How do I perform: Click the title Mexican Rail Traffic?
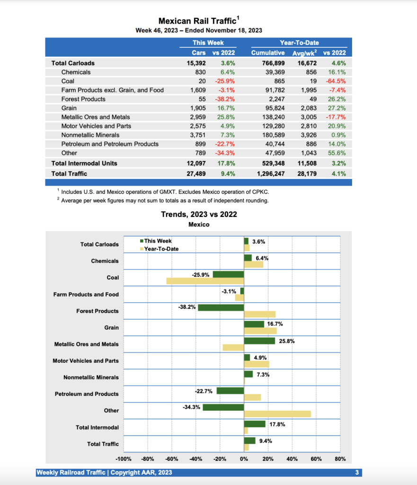pyautogui.click(x=198, y=21)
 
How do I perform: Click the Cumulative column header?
pyautogui.click(x=268, y=53)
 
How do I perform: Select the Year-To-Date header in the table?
pyautogui.click(x=299, y=43)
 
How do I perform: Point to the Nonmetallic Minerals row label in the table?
pyautogui.click(x=90, y=135)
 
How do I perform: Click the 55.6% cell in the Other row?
pyautogui.click(x=337, y=153)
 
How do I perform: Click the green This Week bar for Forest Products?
pyautogui.click(x=221, y=307)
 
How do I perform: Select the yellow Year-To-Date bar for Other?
pyautogui.click(x=277, y=414)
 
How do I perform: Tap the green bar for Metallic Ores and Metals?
pyautogui.click(x=259, y=341)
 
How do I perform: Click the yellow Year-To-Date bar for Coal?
pyautogui.click(x=205, y=281)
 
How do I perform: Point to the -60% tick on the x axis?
pyautogui.click(x=172, y=459)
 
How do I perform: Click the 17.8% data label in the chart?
pyautogui.click(x=277, y=424)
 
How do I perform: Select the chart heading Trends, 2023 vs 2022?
pyautogui.click(x=199, y=215)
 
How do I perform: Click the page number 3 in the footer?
pyautogui.click(x=357, y=472)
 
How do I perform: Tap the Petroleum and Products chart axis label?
pyautogui.click(x=87, y=394)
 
